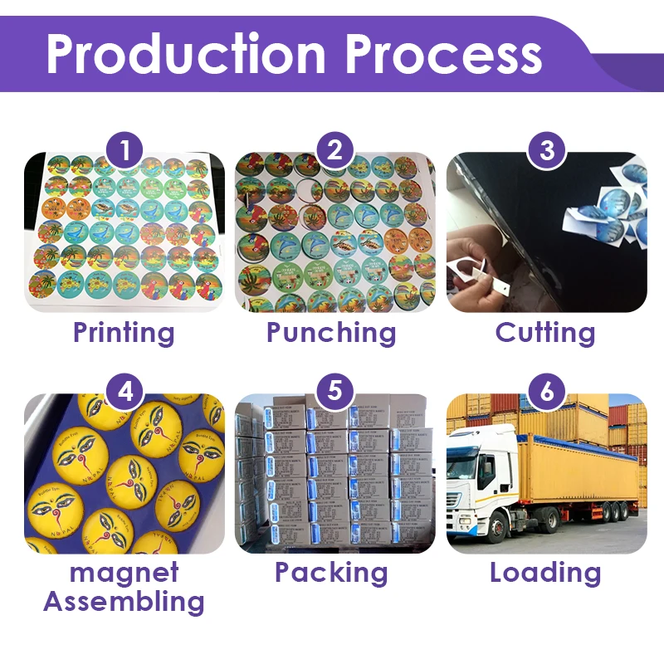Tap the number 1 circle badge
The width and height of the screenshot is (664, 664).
[x=124, y=151]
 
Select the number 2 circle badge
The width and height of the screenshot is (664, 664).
[x=334, y=151]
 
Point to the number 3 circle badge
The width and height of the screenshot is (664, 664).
[x=546, y=151]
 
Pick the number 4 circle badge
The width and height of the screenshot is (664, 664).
[x=124, y=392]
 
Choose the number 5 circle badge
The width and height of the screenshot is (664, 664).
[x=334, y=392]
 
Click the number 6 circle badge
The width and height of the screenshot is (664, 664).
[x=546, y=392]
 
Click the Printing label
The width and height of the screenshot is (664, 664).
[x=124, y=333]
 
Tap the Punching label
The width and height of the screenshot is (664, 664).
[x=331, y=333]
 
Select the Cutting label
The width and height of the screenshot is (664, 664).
[x=545, y=333]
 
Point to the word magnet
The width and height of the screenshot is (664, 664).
[x=124, y=572]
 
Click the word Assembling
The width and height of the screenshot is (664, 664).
[x=124, y=601]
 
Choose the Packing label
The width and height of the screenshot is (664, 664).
[x=331, y=572]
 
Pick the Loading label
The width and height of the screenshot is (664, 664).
[x=545, y=572]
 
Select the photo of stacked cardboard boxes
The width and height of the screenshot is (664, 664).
[x=334, y=473]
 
